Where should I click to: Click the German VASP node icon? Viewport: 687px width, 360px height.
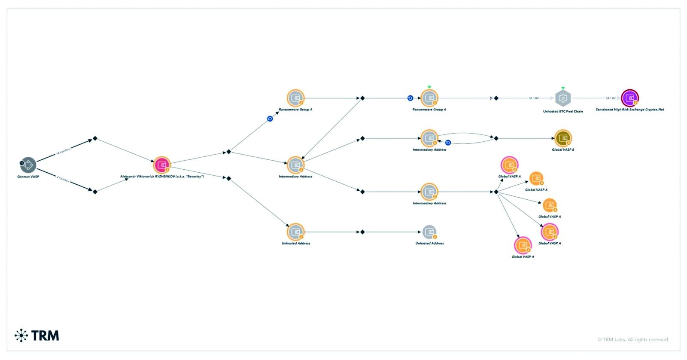[x=28, y=164]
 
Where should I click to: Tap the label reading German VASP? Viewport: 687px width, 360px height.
[x=28, y=177]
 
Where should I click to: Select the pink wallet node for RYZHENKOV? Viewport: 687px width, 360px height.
[x=162, y=165]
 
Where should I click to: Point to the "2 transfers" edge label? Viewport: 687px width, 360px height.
[x=63, y=179]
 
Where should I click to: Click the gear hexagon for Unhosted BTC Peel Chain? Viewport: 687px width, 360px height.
[x=563, y=98]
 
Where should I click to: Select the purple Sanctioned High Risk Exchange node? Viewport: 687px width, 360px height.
[x=630, y=98]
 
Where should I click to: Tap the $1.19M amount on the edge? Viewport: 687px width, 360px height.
[x=534, y=98]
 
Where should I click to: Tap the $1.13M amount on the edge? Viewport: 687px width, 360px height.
[x=611, y=98]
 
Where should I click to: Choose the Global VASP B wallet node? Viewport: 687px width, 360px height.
[x=563, y=138]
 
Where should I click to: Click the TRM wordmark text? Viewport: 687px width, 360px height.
[x=45, y=336]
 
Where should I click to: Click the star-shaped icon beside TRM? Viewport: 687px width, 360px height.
[x=21, y=336]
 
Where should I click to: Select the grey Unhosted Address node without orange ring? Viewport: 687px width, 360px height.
[x=429, y=232]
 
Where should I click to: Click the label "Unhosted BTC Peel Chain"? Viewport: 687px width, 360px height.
[x=563, y=111]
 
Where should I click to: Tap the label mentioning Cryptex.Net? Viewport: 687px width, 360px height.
[x=629, y=110]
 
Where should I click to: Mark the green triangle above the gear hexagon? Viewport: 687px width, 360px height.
[x=563, y=88]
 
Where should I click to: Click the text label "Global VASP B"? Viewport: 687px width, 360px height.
[x=563, y=149]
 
